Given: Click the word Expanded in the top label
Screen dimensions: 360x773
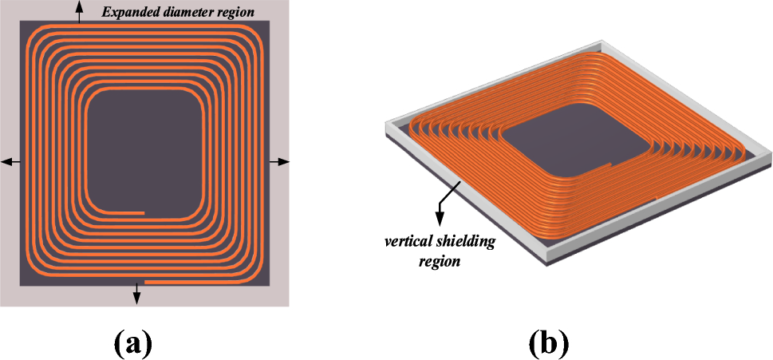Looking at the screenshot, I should [x=129, y=12].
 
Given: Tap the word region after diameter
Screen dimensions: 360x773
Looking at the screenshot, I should [x=234, y=12].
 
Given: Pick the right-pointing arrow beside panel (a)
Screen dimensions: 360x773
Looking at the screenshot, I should [x=282, y=162].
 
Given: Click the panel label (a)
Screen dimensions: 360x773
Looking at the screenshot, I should [x=132, y=342].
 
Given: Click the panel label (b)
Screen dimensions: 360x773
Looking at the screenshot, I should [x=549, y=342].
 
